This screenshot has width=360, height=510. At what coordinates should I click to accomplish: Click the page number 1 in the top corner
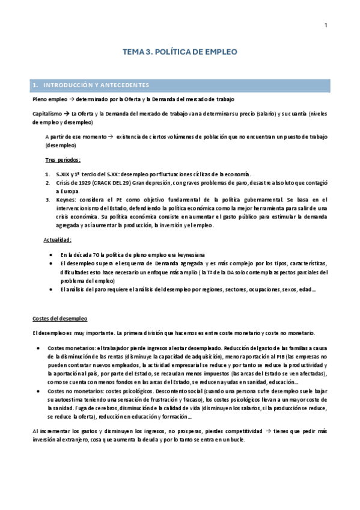coord(326,25)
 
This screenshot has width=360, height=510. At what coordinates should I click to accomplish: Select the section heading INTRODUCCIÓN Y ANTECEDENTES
coord(96,85)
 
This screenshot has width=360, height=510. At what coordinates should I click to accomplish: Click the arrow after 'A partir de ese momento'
coord(111,137)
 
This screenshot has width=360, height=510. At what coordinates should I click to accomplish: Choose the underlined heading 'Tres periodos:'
coord(63,159)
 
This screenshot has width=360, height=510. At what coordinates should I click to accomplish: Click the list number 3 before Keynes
coord(47,199)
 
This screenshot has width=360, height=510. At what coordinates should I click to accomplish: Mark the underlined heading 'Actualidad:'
coord(58,239)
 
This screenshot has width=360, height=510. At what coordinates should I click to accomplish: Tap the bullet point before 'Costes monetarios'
coord(38,348)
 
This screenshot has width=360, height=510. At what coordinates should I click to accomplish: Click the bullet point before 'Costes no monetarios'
coord(38,391)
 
